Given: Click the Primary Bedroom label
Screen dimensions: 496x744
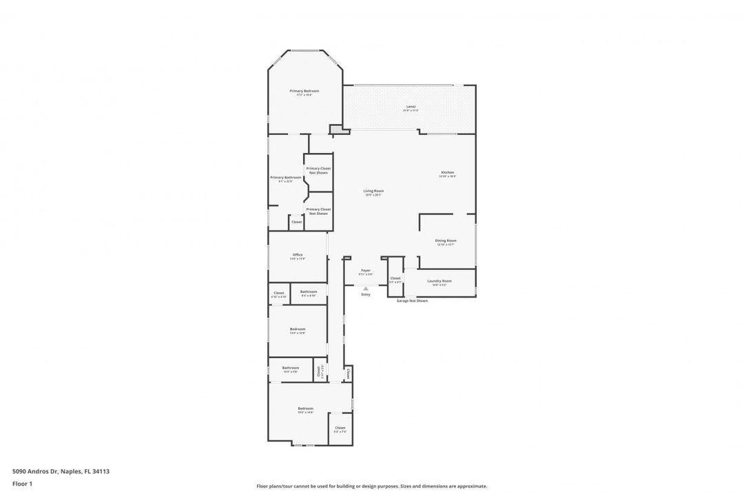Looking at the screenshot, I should [x=304, y=91].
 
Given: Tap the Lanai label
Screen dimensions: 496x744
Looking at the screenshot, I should [x=411, y=107].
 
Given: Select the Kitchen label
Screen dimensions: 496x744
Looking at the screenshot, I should [x=448, y=173].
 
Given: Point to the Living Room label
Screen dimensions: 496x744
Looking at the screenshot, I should [x=373, y=192].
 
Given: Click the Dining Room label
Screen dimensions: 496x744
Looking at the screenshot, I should [x=446, y=241].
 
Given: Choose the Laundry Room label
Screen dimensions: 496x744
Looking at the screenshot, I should [x=439, y=281].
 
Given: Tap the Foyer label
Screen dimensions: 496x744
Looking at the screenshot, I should [x=365, y=271].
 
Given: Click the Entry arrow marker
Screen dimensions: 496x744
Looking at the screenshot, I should [x=366, y=289].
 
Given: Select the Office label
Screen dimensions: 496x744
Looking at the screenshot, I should [x=298, y=256].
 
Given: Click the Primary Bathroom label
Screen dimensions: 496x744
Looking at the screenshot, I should [x=285, y=178].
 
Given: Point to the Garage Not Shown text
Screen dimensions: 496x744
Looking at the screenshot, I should [x=412, y=301].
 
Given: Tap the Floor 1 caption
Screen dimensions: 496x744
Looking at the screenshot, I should [x=22, y=484].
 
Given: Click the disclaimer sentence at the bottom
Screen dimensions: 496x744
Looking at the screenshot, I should [x=371, y=486].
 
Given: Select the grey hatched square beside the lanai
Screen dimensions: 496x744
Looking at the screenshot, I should [x=336, y=128].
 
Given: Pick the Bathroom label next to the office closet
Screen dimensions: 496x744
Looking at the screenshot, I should [x=309, y=292].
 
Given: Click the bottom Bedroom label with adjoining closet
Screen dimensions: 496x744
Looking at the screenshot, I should [x=305, y=409].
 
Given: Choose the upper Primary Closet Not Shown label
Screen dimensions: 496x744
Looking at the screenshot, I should [x=318, y=170].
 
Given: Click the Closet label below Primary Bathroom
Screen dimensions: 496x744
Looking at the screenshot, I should [x=296, y=222].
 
